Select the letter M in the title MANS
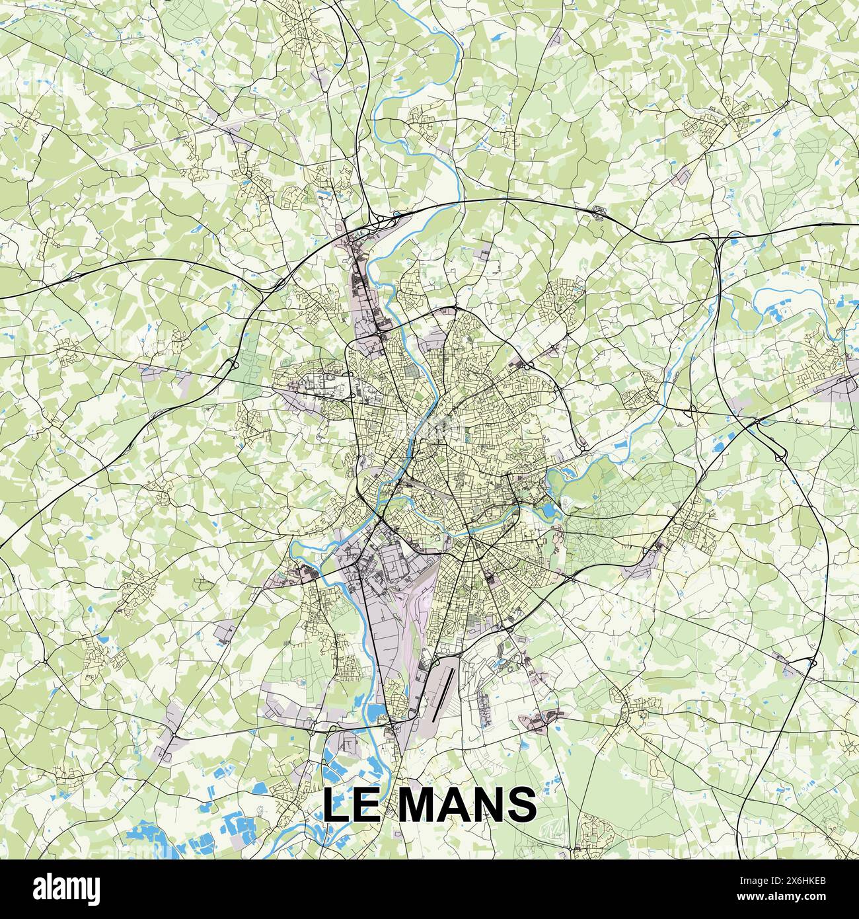[421, 805]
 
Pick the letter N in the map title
[495, 805]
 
